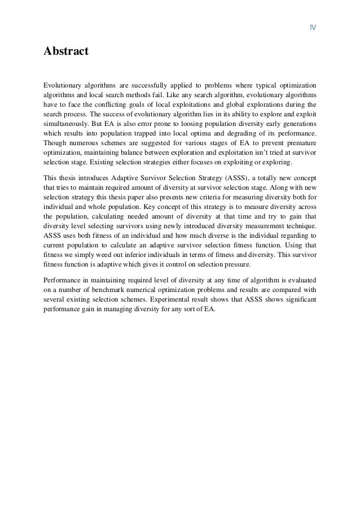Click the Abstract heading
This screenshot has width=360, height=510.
pyautogui.click(x=66, y=52)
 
